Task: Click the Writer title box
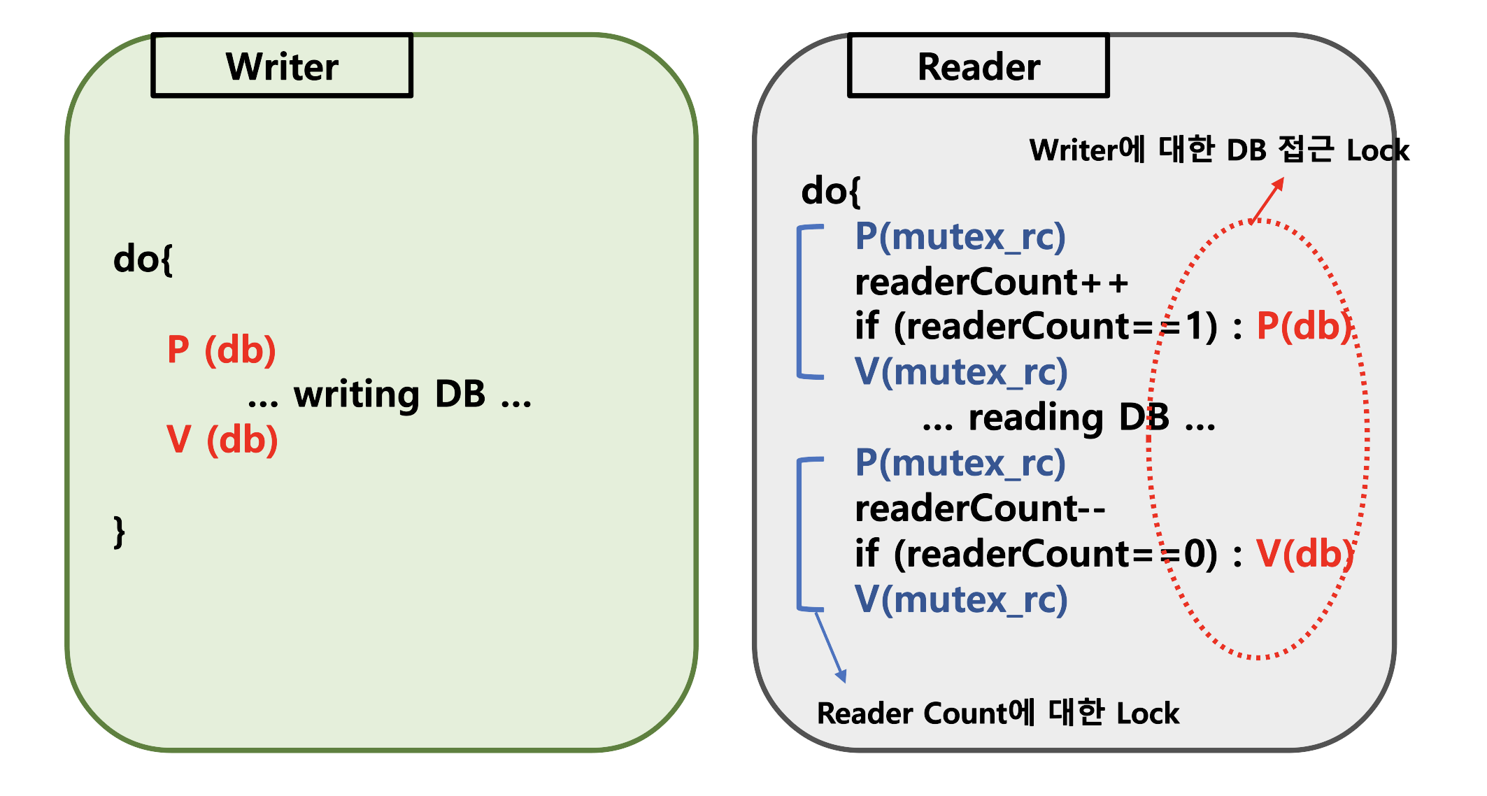click(x=282, y=66)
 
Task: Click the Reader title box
click(x=978, y=66)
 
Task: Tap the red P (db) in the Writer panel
click(x=221, y=349)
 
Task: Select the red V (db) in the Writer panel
click(x=222, y=439)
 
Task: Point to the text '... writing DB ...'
click(x=390, y=395)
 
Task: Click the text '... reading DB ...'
click(x=1068, y=418)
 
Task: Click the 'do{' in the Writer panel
click(x=143, y=260)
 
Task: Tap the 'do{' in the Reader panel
click(x=830, y=191)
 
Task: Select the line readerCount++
click(x=991, y=282)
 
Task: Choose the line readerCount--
click(x=980, y=508)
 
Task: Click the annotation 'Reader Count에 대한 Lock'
click(x=997, y=713)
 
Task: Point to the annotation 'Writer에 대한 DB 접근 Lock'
click(x=1218, y=150)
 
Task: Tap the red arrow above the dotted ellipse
click(x=1267, y=201)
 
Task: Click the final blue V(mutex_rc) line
click(x=961, y=599)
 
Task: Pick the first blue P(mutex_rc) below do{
click(x=960, y=236)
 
